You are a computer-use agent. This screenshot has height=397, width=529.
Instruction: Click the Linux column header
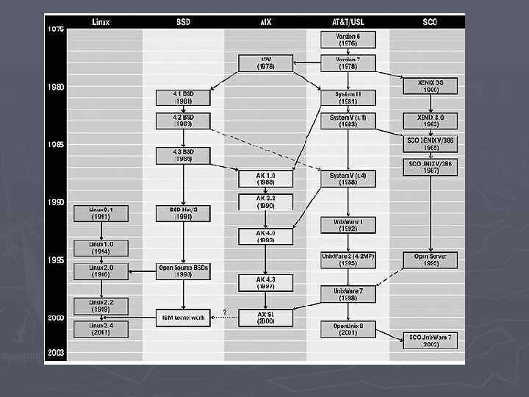point(101,22)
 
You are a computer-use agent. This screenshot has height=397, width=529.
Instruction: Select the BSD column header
point(184,22)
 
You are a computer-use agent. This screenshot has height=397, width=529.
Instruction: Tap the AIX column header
point(266,22)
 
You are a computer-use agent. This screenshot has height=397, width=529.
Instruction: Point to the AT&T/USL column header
point(348,22)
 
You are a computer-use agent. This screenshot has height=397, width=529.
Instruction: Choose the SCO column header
point(431,22)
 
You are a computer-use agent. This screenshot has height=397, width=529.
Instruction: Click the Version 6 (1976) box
point(348,40)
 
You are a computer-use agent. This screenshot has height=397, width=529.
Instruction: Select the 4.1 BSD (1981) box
point(184,98)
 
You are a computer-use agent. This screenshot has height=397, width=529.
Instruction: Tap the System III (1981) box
point(348,98)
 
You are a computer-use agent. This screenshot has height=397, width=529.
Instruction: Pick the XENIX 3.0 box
point(431,121)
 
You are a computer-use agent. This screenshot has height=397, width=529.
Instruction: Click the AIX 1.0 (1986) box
point(266,179)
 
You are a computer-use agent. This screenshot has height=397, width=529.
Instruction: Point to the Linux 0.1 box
point(101,213)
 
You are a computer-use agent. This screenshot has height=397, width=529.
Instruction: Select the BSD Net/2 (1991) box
point(184,213)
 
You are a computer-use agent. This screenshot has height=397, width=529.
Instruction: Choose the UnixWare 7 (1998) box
point(348,294)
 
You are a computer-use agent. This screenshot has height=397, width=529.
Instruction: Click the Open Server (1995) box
point(431,260)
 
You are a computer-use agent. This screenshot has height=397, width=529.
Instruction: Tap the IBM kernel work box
point(184,318)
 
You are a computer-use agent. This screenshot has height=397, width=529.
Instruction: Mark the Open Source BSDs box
point(184,271)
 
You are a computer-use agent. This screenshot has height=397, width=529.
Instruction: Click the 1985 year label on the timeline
point(56,145)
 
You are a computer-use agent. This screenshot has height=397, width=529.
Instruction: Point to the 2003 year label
point(56,353)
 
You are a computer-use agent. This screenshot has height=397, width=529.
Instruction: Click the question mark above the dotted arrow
point(224,312)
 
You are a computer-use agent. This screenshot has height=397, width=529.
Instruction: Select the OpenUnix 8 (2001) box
point(348,329)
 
